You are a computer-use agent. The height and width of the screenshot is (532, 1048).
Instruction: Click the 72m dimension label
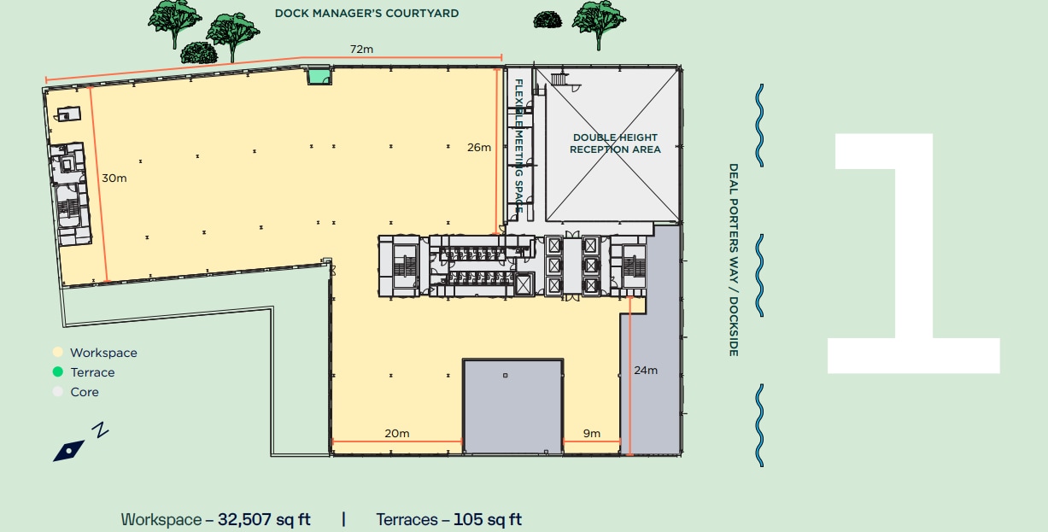click(x=362, y=50)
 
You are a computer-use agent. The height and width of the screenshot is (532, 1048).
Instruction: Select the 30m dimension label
click(x=114, y=178)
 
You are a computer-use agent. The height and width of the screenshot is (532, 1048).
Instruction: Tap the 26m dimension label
click(x=478, y=147)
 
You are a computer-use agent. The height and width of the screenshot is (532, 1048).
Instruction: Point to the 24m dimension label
click(x=646, y=370)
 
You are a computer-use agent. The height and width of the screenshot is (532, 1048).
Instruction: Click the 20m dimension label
click(x=396, y=433)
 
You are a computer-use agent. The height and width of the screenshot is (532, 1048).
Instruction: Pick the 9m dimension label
click(x=592, y=433)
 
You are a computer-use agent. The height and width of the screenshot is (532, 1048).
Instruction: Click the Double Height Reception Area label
click(x=615, y=143)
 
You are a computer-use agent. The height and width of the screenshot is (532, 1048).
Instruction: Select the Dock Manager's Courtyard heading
click(x=366, y=13)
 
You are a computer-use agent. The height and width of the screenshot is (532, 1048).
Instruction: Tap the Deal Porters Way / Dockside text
click(x=733, y=260)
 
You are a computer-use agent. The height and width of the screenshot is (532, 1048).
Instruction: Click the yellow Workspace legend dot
click(x=57, y=353)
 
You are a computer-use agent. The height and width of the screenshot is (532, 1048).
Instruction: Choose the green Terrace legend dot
click(x=57, y=372)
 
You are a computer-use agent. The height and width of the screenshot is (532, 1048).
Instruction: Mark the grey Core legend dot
click(x=57, y=392)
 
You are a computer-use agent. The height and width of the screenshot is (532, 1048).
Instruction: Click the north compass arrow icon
click(x=69, y=449)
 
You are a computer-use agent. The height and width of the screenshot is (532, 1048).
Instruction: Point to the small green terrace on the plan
click(x=319, y=76)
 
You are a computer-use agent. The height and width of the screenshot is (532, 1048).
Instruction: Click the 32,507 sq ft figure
click(x=264, y=519)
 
